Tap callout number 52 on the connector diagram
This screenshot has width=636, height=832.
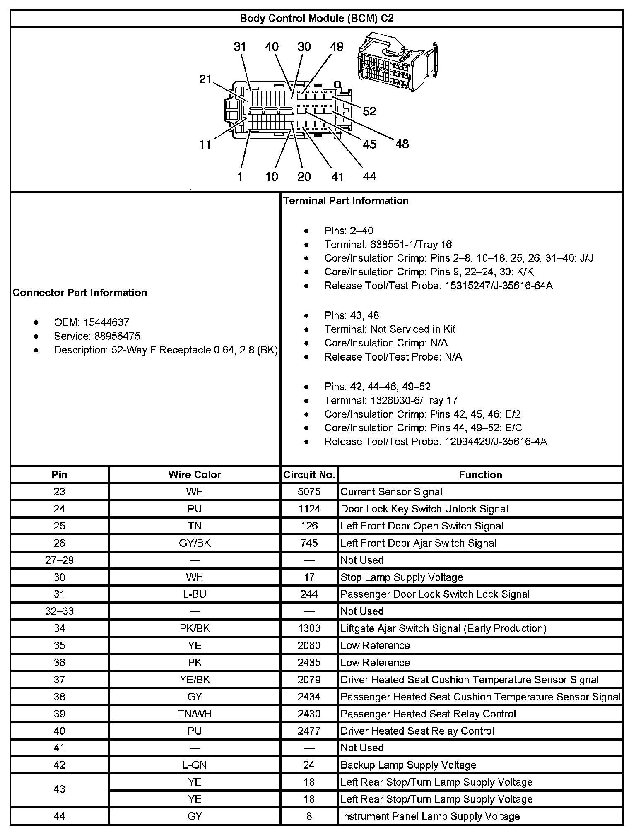tap(369, 111)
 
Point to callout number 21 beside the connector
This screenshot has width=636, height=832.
tap(205, 79)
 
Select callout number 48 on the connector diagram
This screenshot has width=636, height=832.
tap(402, 144)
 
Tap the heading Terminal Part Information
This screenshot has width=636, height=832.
tap(346, 201)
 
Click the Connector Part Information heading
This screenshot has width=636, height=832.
tap(80, 293)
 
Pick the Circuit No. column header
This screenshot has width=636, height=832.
tap(309, 475)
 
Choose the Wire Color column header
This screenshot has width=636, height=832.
tap(195, 475)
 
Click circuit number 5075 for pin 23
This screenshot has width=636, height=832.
tap(309, 492)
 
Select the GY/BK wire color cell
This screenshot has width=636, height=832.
tap(195, 543)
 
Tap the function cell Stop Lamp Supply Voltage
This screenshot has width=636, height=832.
tap(402, 577)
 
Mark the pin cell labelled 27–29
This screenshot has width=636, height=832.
tap(60, 560)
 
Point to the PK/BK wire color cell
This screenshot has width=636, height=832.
tap(195, 628)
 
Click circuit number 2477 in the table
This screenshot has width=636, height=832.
tap(309, 731)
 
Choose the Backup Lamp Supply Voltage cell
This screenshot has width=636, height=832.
tap(408, 765)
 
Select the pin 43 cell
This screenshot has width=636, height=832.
tap(60, 789)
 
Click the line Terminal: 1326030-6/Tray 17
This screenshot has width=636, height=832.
tap(391, 400)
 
